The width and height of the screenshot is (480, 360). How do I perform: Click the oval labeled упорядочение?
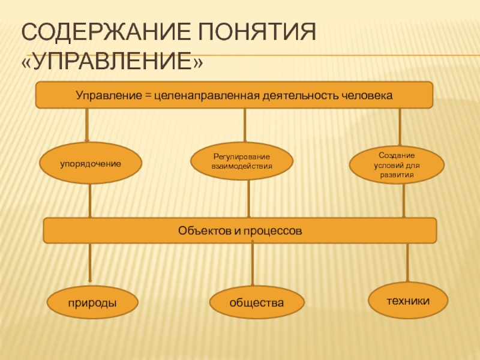point(91,163)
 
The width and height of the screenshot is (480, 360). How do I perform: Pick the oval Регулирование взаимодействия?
point(242,161)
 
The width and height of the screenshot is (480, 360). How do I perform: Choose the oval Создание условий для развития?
point(397,165)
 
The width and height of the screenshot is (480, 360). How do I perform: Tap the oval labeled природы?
point(91,304)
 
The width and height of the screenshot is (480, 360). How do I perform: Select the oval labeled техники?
point(408,300)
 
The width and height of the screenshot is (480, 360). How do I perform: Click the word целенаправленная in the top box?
point(205,95)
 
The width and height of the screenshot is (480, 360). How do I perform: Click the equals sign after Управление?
point(148,95)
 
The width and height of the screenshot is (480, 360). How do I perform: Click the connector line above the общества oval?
point(253,265)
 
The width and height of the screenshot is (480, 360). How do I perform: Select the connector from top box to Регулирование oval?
point(244,126)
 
